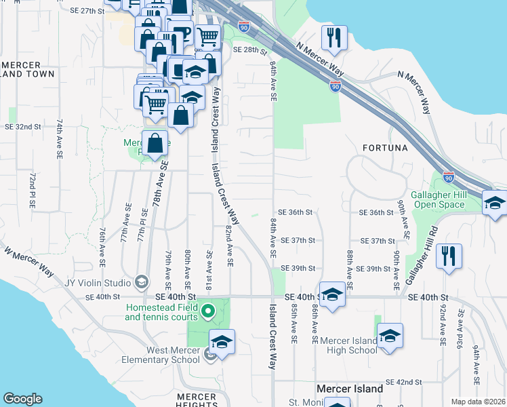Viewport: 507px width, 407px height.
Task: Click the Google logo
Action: coord(22,399)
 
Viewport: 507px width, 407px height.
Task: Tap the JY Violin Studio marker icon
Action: coord(142,282)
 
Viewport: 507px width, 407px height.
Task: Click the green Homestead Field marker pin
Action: coord(209,312)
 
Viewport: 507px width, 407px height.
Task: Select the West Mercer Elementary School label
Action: coord(163,355)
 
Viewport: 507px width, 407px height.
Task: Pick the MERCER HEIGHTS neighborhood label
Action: coord(196,400)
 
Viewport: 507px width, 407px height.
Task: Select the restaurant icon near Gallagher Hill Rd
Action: coord(448,256)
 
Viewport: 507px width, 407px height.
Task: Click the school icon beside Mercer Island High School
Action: coord(390,336)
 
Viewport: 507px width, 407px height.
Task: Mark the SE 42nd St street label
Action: coord(404,383)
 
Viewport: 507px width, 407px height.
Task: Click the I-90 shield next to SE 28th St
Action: coord(244,28)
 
